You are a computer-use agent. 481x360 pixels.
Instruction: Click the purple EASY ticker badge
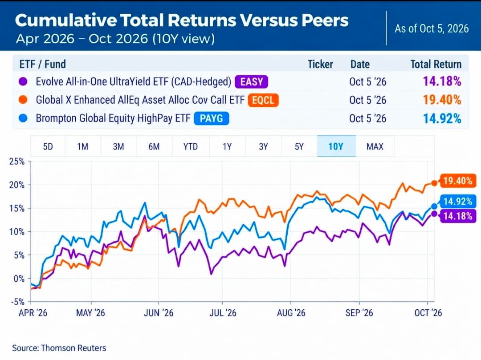pos(252,82)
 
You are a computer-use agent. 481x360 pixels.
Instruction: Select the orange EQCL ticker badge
pos(263,100)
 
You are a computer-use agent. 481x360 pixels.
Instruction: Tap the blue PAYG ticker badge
pos(212,118)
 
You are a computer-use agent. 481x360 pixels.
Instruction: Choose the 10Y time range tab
pos(336,146)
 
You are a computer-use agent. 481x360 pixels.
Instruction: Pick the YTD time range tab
pos(191,146)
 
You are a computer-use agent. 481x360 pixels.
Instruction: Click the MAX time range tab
pos(375,146)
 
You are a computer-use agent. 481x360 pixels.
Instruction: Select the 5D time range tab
pos(48,146)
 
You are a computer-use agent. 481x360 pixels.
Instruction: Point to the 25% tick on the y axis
pos(17,161)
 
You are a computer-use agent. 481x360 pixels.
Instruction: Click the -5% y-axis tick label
pos(17,302)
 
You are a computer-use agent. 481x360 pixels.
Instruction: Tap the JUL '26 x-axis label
pos(223,313)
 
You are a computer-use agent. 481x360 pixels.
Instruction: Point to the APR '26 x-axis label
pos(33,313)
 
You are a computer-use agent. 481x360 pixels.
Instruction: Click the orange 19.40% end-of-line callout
pos(458,181)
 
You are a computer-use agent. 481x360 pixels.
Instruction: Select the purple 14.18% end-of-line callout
pos(458,216)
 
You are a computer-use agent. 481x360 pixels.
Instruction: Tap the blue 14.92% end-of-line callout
pos(458,201)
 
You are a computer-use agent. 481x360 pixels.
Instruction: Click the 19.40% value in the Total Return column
pos(442,100)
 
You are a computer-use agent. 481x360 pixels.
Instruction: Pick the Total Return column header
pos(436,65)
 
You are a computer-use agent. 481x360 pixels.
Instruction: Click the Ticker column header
pos(320,65)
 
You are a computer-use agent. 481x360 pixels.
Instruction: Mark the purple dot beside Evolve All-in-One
pos(23,82)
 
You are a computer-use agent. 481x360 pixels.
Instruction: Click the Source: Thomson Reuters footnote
pos(59,348)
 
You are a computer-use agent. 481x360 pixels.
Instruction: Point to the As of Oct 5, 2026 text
pos(432,28)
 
